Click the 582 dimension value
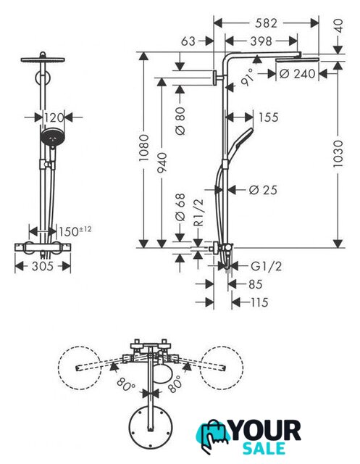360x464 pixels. (266, 23)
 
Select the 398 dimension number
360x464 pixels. (261, 41)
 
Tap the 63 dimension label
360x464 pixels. (188, 41)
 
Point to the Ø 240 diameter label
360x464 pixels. (297, 74)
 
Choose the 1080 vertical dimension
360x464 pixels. (144, 148)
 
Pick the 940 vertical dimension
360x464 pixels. (162, 162)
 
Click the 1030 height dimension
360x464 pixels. (338, 154)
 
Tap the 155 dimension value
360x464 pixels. (269, 117)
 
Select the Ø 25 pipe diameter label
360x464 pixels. (263, 190)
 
